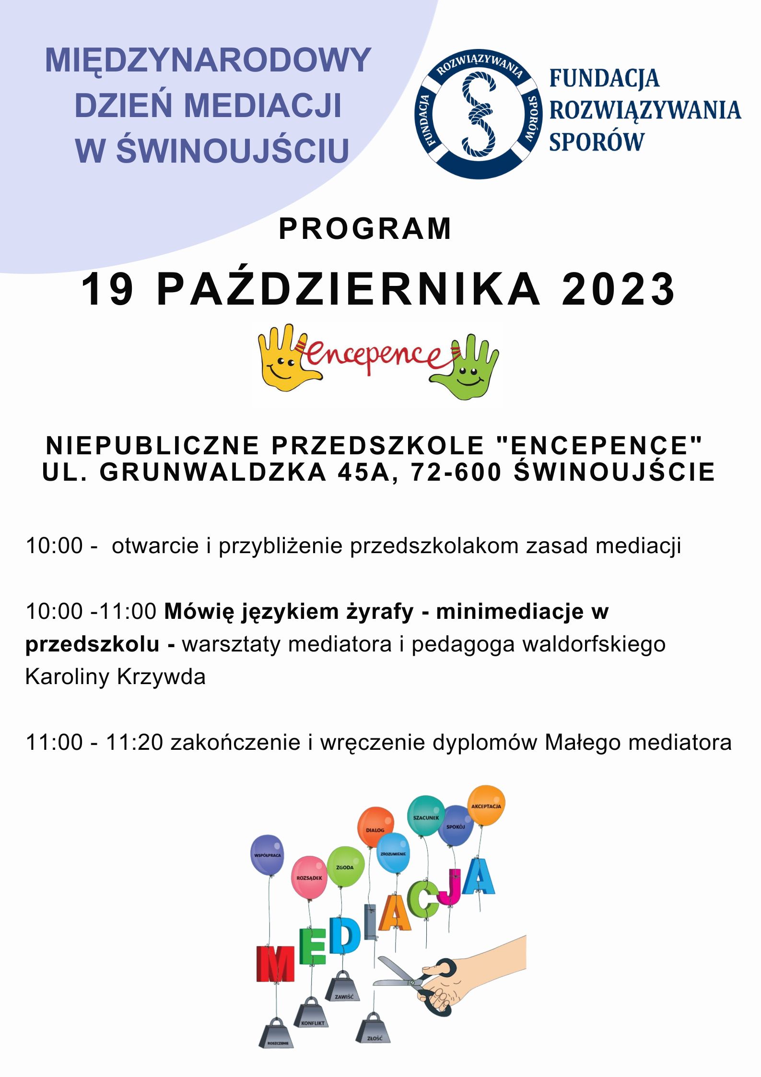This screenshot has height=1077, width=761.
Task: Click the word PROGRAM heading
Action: [x=365, y=229]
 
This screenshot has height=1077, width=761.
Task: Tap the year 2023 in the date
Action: [x=618, y=290]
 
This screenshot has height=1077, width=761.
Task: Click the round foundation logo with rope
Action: [x=478, y=114]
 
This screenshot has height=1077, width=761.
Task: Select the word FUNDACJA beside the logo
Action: [x=604, y=79]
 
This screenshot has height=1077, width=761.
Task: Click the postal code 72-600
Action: [x=456, y=472]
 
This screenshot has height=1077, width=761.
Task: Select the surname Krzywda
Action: [x=161, y=677]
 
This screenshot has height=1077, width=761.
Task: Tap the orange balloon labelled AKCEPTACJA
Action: [x=486, y=805]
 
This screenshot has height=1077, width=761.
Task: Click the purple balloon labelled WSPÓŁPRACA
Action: [x=267, y=854]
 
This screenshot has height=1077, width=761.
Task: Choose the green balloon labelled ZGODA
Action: [x=345, y=866]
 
